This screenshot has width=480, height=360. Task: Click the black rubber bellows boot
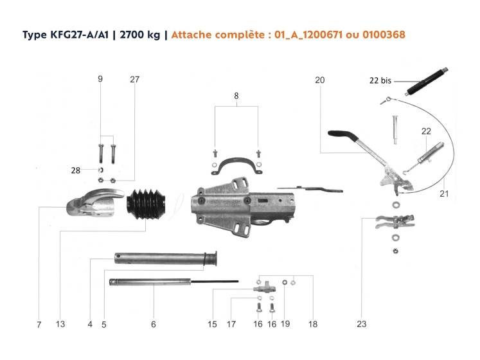[147, 204]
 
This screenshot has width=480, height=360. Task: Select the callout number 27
[135, 80]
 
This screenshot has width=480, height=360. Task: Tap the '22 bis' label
[380, 80]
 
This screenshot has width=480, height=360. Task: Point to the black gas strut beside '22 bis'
[427, 81]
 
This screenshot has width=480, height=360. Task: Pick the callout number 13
[60, 324]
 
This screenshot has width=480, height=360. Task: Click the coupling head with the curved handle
[95, 203]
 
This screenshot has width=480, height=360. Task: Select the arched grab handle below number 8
[236, 166]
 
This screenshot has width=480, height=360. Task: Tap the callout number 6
[154, 324]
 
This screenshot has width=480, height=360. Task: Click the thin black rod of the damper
[215, 282]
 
